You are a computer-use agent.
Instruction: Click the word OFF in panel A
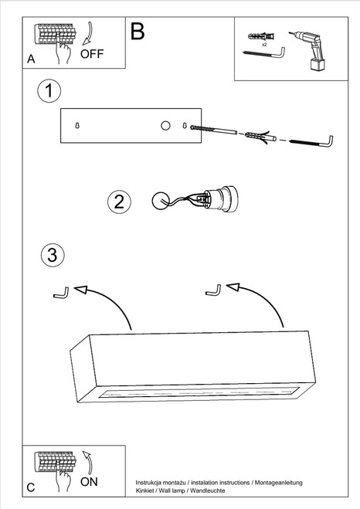coord(92,54)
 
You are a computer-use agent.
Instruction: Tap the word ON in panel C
coord(89,482)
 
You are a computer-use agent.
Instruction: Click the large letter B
coord(138,32)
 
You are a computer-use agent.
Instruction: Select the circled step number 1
coord(49,90)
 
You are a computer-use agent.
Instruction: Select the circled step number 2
coord(119,202)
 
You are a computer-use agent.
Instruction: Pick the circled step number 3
coord(53,255)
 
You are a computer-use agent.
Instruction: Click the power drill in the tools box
coord(307,49)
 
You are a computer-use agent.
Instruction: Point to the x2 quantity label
coord(264,45)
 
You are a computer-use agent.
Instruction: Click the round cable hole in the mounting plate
coord(165,125)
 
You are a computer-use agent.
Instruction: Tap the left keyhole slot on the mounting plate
coord(77,125)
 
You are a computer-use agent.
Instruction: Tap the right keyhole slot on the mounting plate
coord(185,125)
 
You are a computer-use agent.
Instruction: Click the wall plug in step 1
coord(260,137)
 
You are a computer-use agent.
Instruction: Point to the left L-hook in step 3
coord(62,293)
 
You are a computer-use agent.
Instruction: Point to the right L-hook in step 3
coord(213,290)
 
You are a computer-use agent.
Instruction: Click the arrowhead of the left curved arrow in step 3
coord(81,289)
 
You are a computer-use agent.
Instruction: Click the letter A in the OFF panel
coord(31,59)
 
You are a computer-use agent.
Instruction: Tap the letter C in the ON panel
coord(30,487)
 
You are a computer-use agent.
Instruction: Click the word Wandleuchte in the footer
coord(207,490)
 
